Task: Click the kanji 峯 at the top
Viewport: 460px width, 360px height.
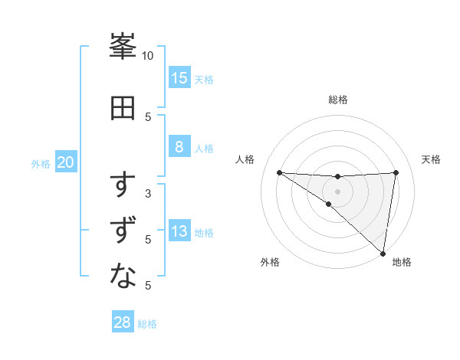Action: coord(123,47)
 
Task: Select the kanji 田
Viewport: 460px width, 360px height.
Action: coord(123,108)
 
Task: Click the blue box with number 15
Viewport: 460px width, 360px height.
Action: coord(179,77)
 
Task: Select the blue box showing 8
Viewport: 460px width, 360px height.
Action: coord(179,147)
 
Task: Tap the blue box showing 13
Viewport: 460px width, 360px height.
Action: coord(179,231)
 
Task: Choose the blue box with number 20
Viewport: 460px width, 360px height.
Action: coord(66,162)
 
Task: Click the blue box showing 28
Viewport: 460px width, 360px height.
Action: coord(123,322)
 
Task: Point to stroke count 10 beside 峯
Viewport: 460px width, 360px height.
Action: coord(147,56)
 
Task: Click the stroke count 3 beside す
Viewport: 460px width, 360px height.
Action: coord(147,193)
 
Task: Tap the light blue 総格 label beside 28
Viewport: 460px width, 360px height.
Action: coord(147,324)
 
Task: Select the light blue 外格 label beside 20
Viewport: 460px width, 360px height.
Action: coord(41,164)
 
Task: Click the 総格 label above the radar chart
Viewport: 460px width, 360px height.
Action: coord(338,100)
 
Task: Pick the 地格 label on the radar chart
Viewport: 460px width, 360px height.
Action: coord(402,262)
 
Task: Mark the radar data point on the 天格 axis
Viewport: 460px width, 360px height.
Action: coord(396,172)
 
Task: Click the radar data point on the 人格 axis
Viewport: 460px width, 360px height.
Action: coord(279,172)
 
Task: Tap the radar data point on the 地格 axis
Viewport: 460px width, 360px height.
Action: coord(383,253)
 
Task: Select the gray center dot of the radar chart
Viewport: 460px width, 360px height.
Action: coord(337,191)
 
